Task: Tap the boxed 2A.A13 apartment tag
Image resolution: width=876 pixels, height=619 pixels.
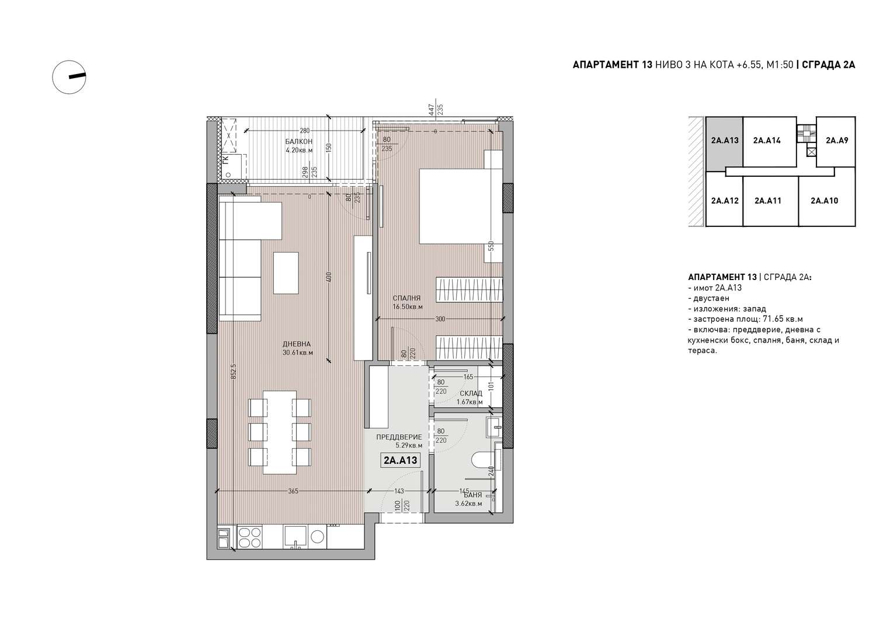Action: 401,460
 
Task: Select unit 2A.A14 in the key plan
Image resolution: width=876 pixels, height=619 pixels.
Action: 767,141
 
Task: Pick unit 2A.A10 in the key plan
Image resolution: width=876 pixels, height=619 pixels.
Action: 825,201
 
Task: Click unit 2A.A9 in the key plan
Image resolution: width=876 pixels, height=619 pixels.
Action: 837,141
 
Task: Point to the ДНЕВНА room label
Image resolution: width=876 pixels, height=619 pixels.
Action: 297,344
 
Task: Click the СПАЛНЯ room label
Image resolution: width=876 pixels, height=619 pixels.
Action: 406,299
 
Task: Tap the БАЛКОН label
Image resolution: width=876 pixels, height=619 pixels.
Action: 299,141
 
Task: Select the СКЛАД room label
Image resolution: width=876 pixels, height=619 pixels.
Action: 471,393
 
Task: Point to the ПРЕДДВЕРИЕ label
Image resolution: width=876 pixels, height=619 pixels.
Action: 399,438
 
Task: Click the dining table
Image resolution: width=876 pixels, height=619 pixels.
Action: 279,432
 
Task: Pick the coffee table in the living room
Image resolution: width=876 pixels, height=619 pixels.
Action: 286,273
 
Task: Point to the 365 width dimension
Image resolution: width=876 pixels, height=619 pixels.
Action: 293,491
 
